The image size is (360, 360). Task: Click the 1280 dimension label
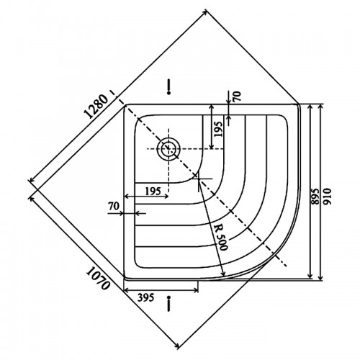coord(96,107)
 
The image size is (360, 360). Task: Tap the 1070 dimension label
coord(98,279)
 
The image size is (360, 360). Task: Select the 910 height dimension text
coord(328,196)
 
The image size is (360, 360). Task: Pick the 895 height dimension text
coord(315,196)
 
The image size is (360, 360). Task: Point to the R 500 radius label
coord(220,238)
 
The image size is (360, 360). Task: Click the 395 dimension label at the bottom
coord(145,297)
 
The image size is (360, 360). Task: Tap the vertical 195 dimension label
coord(218,129)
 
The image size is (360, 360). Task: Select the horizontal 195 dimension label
coord(153,192)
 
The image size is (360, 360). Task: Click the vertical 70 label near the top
coord(236,96)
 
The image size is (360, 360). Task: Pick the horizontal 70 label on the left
coord(114,206)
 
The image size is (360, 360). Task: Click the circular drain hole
coord(168,148)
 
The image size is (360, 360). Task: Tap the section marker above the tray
coord(168,86)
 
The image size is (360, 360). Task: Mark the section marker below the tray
coord(169,303)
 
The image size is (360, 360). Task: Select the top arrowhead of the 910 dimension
coord(320,107)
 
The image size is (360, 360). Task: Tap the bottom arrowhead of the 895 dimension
coord(310,276)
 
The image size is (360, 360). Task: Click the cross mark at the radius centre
coord(199,179)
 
